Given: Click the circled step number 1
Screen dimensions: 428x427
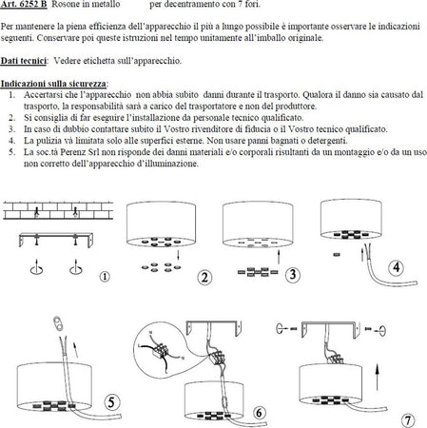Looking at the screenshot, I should (106, 278).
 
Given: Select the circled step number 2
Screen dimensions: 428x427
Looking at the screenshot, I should (204, 278).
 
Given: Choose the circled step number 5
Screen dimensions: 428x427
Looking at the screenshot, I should (113, 404).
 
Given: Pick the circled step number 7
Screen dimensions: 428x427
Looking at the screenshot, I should (407, 418).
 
